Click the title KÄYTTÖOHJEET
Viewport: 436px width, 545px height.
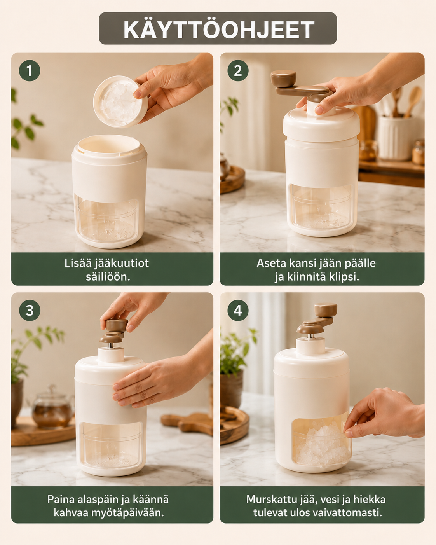[x=218, y=30]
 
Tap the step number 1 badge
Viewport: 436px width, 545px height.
[x=30, y=71]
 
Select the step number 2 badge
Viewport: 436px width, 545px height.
[x=238, y=71]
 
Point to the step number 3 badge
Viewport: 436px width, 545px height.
[x=30, y=311]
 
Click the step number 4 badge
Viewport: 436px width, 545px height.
[x=238, y=311]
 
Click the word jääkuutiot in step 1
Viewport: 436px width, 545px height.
[x=122, y=264]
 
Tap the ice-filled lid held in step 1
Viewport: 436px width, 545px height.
[x=120, y=101]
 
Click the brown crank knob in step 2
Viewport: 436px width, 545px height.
[x=283, y=79]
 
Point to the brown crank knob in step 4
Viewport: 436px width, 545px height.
[x=326, y=310]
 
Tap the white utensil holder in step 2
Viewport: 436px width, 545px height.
[x=396, y=138]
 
